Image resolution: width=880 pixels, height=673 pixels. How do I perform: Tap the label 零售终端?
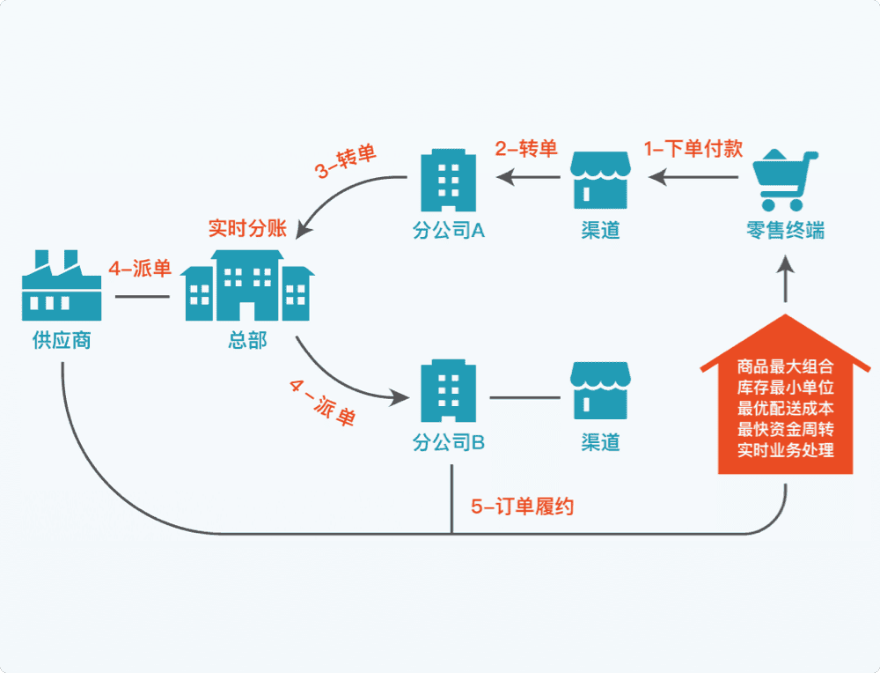tap(785, 231)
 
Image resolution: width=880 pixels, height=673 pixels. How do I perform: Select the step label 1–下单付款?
tap(693, 148)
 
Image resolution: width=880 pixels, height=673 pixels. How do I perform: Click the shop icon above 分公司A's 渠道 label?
tap(600, 178)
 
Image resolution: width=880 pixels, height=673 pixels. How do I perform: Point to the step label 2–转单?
tap(526, 148)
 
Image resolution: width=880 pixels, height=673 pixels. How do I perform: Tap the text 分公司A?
tap(450, 231)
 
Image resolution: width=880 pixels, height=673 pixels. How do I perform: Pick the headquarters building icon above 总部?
tap(247, 285)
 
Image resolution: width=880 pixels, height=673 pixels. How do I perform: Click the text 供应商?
tap(62, 340)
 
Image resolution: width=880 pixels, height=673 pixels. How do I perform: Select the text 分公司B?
tap(450, 442)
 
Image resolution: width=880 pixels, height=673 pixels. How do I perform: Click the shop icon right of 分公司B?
tap(600, 390)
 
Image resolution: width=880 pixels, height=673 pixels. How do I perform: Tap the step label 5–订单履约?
tap(523, 507)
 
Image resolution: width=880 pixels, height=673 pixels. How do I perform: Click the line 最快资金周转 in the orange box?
tap(786, 430)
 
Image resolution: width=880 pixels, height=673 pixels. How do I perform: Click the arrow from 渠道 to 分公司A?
tap(528, 178)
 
